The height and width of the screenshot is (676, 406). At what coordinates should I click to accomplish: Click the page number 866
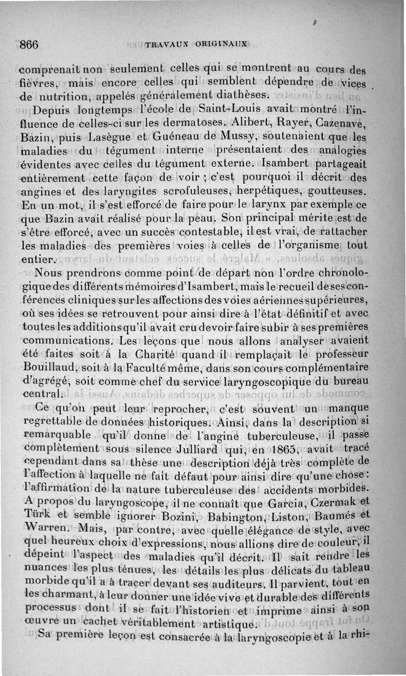click(29, 44)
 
